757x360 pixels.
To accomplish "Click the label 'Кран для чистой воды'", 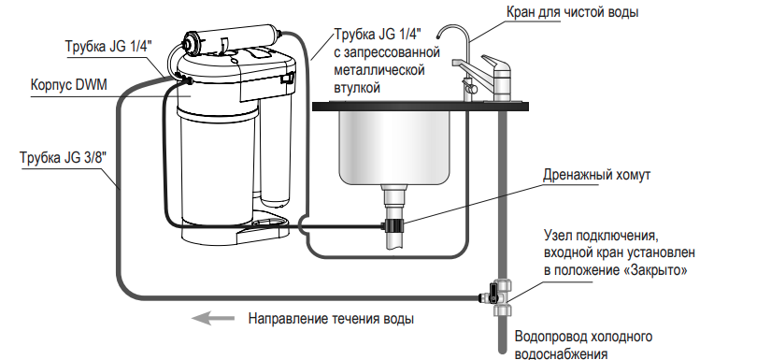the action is click(572, 11).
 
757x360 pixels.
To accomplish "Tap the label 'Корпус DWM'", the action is click(69, 85).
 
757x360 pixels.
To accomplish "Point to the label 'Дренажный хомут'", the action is click(596, 175).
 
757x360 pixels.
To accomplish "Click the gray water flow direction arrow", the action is click(212, 318).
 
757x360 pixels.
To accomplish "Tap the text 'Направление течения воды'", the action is click(331, 319).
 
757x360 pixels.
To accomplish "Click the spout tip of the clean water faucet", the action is click(439, 36).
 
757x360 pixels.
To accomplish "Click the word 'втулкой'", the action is click(357, 88).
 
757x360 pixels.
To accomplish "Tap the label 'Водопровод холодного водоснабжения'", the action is click(584, 344).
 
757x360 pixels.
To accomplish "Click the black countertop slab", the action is click(420, 107).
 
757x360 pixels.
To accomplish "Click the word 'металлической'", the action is click(379, 69).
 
